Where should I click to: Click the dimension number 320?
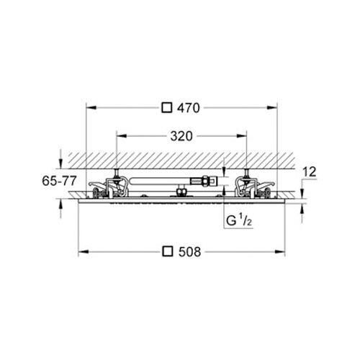(181, 135)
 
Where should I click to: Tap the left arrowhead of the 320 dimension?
(120, 135)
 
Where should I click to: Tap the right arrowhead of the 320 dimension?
(243, 135)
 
